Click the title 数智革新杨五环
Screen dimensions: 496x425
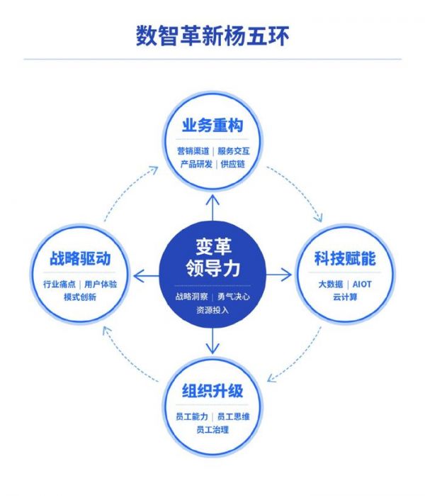[x=212, y=35]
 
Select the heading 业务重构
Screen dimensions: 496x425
[x=212, y=126]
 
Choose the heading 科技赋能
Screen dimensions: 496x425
[x=345, y=260]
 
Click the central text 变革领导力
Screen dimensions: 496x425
[x=212, y=258]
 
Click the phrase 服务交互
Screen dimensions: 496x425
[x=234, y=151]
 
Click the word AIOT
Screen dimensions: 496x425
[x=364, y=285]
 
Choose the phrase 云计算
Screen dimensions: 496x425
[x=346, y=297]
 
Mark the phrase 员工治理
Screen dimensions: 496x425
[x=212, y=430]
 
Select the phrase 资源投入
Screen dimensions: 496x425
[x=212, y=310]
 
